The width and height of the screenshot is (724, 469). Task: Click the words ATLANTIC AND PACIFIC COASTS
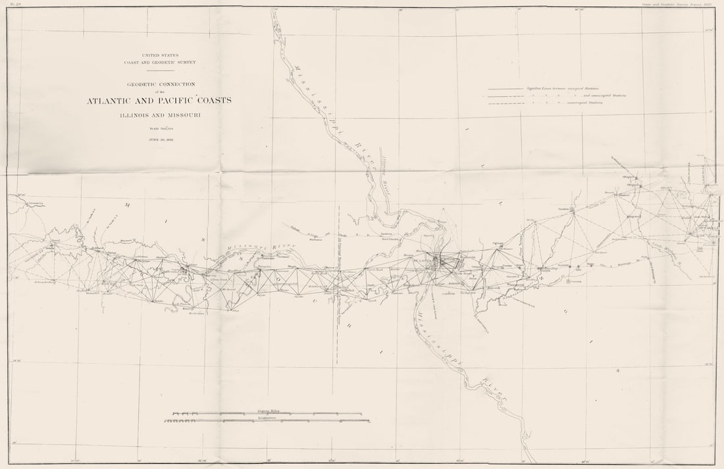159,101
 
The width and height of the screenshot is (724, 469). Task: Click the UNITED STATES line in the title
159,55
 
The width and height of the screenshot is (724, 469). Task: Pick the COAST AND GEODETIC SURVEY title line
159,62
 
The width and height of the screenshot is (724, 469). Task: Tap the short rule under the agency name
159,70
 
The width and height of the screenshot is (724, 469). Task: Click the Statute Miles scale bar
267,413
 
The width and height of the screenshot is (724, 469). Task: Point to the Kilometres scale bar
267,420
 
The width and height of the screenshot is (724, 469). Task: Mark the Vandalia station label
563,208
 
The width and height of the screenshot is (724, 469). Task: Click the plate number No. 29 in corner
14,5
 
